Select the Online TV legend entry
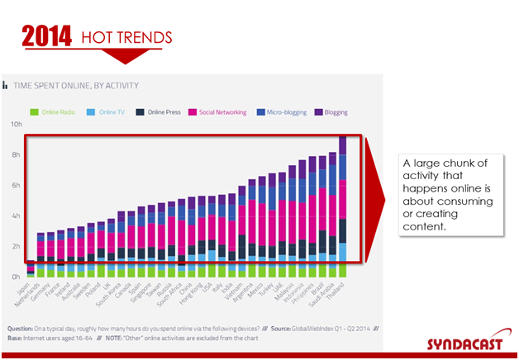(112, 111)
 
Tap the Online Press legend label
(164, 111)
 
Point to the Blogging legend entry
(336, 111)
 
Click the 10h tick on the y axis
(15, 125)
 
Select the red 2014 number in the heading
(46, 36)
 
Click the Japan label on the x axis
(25, 288)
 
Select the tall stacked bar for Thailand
(343, 206)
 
